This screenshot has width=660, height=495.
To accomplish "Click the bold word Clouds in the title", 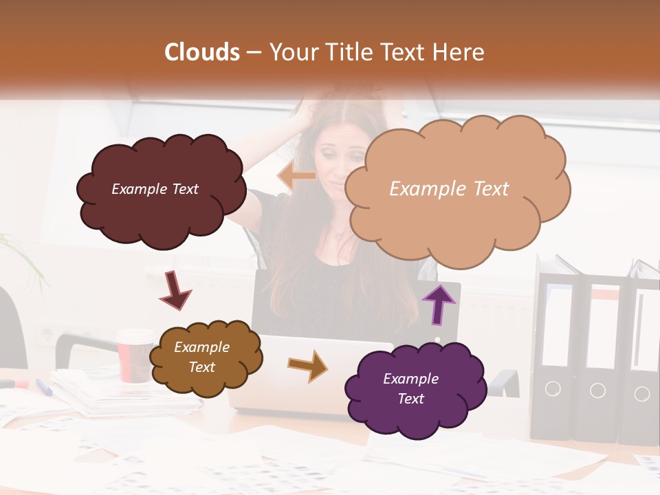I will [202, 52].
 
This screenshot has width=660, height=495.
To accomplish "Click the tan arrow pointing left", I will [296, 177].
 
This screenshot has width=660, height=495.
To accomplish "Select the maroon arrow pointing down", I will [175, 289].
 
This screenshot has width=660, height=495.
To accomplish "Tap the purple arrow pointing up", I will [439, 303].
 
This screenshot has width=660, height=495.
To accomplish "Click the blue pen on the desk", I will [44, 387].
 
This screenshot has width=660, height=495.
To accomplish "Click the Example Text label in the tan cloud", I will [449, 189].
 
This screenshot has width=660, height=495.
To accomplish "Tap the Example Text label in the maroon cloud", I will [155, 189].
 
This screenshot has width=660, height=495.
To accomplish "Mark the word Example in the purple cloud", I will [410, 379].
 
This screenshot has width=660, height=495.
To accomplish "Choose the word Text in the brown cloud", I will [201, 367].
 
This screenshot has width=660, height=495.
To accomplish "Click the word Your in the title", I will [292, 52].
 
